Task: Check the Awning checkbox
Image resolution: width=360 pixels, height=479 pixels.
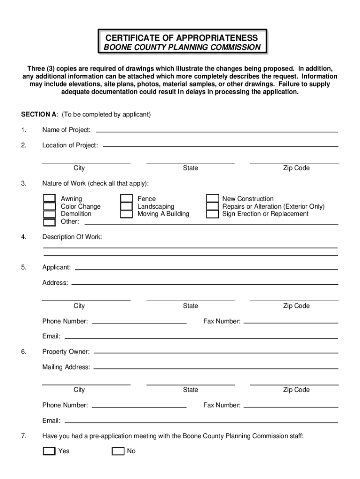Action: coord(49,199)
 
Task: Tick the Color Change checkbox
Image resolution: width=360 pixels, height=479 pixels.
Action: coord(49,206)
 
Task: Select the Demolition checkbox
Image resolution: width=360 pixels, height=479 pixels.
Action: coord(49,214)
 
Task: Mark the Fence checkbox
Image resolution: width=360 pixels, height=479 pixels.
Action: coord(126,199)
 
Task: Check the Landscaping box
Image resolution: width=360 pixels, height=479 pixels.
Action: coord(126,206)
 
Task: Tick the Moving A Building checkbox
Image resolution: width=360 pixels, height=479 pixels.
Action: coord(126,214)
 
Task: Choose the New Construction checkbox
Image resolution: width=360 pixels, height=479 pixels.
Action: coord(213,199)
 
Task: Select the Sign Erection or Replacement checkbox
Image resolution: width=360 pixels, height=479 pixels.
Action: coord(213,214)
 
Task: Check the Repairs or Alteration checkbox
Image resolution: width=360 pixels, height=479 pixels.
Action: coord(213,206)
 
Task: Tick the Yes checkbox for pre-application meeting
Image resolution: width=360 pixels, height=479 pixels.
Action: coord(49,451)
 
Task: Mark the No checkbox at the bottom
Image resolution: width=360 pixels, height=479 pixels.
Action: coord(118,451)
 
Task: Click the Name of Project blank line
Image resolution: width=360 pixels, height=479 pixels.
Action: coord(216,131)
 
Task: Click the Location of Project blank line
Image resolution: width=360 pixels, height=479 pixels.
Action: coord(220,146)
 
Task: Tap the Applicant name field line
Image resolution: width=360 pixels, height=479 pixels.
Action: coord(206,269)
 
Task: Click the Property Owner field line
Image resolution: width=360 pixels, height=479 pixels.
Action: coord(215,353)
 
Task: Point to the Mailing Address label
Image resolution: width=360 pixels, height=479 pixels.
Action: coord(66,367)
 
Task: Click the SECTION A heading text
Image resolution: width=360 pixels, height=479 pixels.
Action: coord(39,115)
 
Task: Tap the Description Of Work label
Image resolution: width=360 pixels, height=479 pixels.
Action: coord(72,237)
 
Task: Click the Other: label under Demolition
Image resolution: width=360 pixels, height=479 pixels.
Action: coord(70,221)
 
